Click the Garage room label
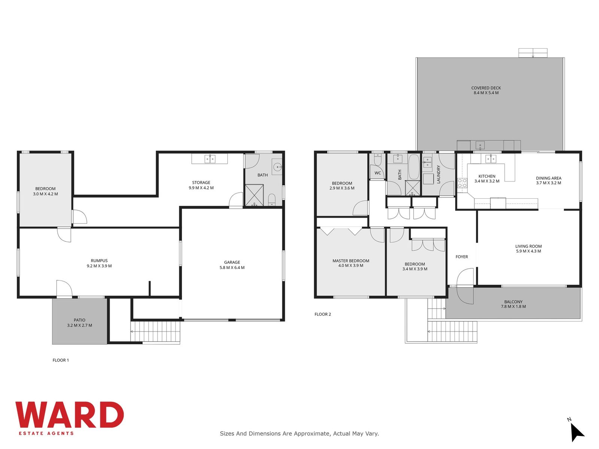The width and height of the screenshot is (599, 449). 232,262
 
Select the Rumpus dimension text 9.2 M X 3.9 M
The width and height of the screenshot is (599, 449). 99,266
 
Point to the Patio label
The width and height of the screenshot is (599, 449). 79,320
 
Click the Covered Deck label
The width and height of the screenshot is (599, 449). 486,88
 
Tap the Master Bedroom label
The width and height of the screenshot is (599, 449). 350,261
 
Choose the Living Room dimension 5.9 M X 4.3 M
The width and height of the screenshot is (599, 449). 528,251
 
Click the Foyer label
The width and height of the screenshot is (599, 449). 462,257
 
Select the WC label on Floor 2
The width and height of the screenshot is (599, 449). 377,173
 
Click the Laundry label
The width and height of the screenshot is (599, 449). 438,174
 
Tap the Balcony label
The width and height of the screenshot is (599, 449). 513,302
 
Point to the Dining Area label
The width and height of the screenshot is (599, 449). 548,178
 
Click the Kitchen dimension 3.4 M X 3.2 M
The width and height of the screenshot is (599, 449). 487,181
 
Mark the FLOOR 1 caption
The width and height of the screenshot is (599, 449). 61,360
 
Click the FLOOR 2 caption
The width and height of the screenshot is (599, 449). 323,314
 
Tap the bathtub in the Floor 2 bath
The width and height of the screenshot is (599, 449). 414,167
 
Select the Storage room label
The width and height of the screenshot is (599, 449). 201,182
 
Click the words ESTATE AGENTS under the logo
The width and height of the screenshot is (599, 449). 46,433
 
